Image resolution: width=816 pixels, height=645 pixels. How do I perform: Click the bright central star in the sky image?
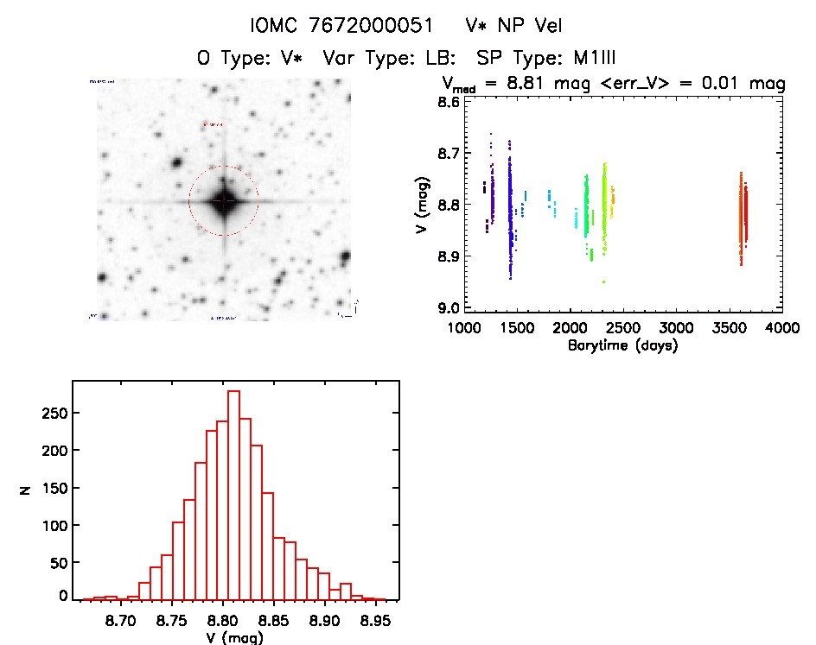point(224,201)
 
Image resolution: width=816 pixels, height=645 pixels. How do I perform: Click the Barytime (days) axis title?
point(622,345)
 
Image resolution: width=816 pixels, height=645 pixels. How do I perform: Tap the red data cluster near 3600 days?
point(743,218)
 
